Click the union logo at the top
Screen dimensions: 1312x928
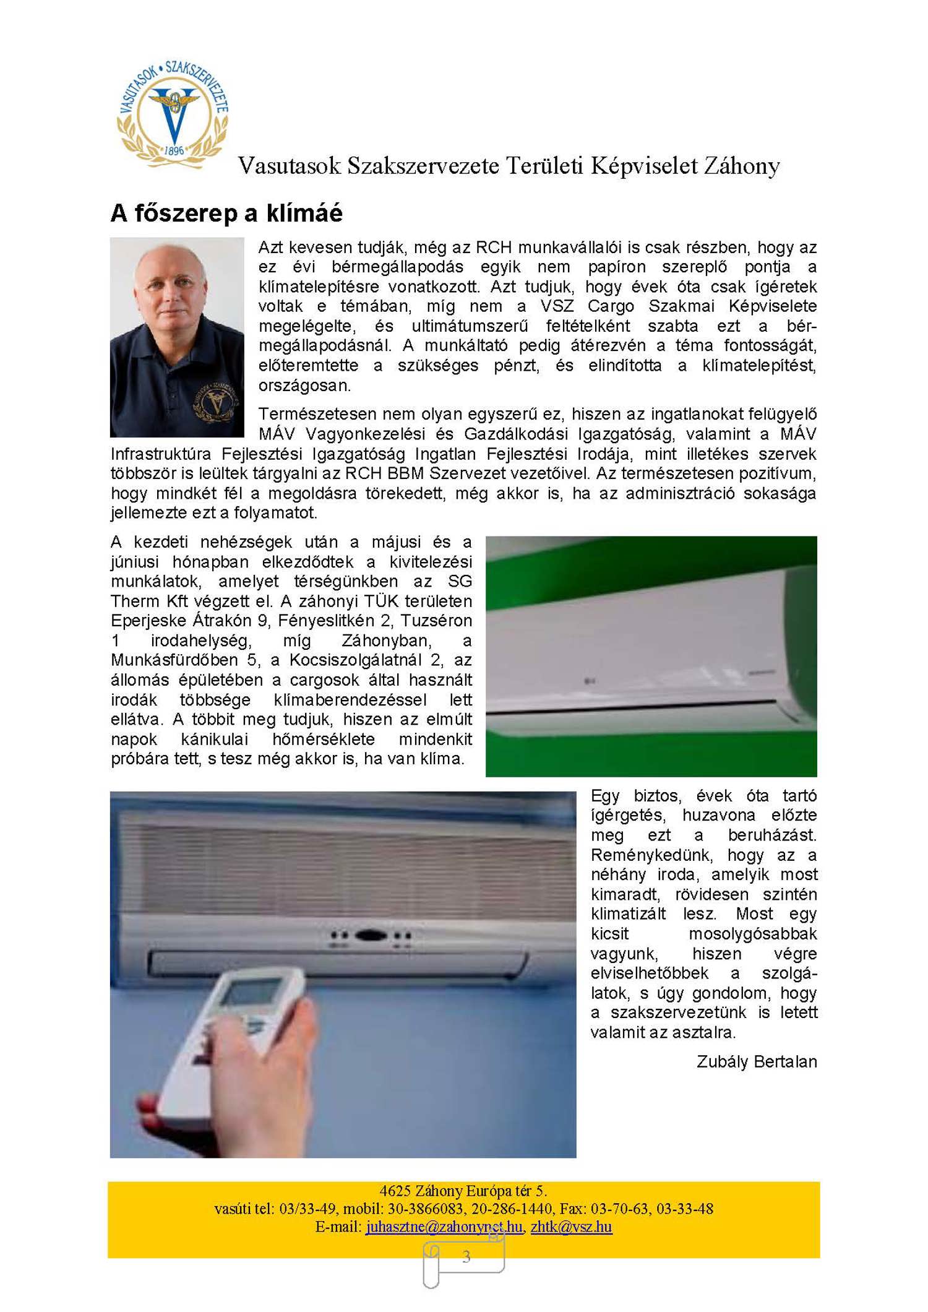(x=173, y=114)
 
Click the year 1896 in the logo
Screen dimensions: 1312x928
(x=174, y=150)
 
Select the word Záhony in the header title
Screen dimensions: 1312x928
(x=742, y=166)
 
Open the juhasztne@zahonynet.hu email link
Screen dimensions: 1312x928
(x=444, y=1226)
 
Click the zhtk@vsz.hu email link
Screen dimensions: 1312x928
(x=571, y=1226)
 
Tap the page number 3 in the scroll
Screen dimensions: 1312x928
(x=466, y=1256)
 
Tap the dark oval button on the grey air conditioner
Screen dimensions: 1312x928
(x=371, y=936)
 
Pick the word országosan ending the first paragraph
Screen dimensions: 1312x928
(x=304, y=385)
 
